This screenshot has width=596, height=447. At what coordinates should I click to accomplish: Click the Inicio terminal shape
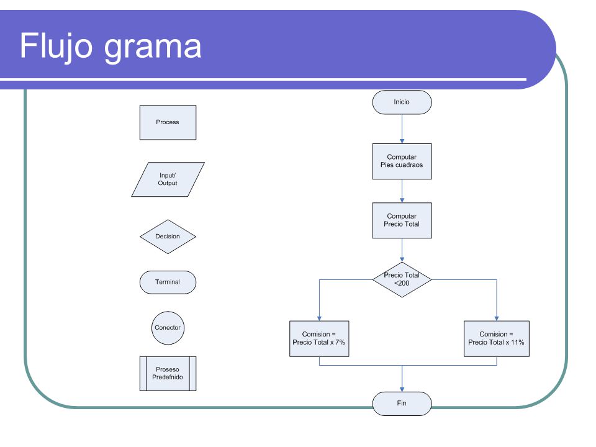click(402, 102)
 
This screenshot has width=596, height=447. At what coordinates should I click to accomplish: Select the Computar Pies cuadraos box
click(402, 161)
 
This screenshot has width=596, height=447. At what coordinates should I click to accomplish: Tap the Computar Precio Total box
click(402, 220)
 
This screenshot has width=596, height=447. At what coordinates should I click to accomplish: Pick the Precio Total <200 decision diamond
click(402, 279)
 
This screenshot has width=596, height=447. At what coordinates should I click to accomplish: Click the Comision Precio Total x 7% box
click(319, 339)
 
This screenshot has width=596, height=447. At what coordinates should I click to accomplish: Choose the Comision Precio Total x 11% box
click(497, 339)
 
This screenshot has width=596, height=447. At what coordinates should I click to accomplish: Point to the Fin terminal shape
click(402, 404)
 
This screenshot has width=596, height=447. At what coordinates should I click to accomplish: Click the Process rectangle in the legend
click(168, 122)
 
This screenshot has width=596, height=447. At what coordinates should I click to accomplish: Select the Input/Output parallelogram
click(168, 179)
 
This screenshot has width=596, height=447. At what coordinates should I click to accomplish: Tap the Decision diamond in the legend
click(168, 237)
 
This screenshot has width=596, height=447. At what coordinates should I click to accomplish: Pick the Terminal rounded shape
click(168, 282)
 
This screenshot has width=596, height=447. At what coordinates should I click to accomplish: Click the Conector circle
click(168, 328)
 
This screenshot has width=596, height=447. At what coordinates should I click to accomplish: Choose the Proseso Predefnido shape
click(168, 374)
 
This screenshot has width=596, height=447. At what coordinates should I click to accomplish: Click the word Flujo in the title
click(56, 46)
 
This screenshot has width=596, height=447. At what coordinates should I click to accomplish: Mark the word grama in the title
click(153, 48)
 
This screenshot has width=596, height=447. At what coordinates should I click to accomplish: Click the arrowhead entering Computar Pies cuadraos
click(402, 141)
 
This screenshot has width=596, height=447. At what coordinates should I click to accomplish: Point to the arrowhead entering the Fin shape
click(402, 389)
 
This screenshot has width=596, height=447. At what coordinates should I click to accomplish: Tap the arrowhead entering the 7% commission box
click(319, 318)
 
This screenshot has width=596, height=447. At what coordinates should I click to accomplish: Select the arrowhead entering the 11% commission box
click(497, 318)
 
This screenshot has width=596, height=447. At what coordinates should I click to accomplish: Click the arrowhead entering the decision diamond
click(402, 260)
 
